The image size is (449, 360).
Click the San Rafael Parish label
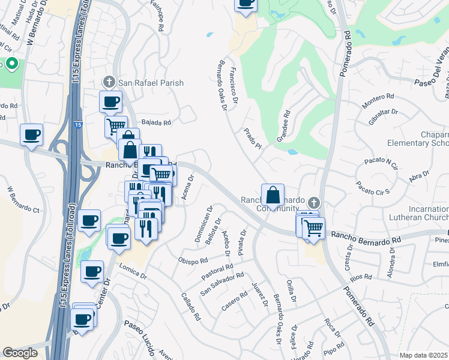[151, 83]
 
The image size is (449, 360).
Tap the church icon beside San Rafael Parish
[109, 82]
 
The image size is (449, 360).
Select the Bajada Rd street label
[157, 122]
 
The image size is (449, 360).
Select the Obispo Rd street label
[193, 261]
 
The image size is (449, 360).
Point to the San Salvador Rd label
[222, 284]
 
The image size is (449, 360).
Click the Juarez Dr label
[259, 295]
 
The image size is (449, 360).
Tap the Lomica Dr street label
[133, 271]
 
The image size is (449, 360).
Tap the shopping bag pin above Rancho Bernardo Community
[273, 196]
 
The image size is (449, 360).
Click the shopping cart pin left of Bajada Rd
[115, 127]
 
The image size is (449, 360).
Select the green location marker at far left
[11, 64]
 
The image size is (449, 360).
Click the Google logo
[20, 353]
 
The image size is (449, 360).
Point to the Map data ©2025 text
[424, 355]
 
